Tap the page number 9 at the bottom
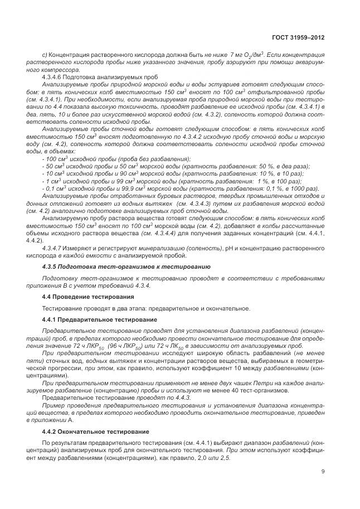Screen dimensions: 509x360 coord(323,472)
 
